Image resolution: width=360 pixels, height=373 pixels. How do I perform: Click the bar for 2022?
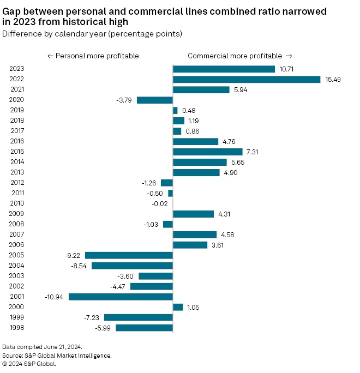click(x=247, y=79)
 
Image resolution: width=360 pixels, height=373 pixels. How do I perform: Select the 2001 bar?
click(x=121, y=297)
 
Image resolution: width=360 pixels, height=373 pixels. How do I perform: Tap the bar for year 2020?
click(x=155, y=100)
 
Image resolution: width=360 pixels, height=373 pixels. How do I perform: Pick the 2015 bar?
click(x=208, y=152)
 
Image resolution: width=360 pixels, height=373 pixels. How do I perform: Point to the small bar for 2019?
click(x=175, y=110)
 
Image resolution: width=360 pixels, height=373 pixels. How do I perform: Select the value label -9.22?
click(x=73, y=255)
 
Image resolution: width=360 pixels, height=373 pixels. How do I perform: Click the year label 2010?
click(x=16, y=203)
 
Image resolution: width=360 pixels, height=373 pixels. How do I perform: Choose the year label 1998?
click(x=16, y=328)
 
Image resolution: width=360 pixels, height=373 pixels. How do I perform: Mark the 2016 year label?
click(x=16, y=141)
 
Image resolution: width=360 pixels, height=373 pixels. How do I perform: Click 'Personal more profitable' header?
click(x=93, y=56)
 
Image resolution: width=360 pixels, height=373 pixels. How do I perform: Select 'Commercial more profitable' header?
click(x=240, y=56)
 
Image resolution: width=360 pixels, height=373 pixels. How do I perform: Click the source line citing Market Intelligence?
click(x=57, y=356)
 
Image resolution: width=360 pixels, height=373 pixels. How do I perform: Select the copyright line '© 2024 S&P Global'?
click(x=29, y=364)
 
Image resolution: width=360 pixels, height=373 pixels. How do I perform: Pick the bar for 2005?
click(x=129, y=255)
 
